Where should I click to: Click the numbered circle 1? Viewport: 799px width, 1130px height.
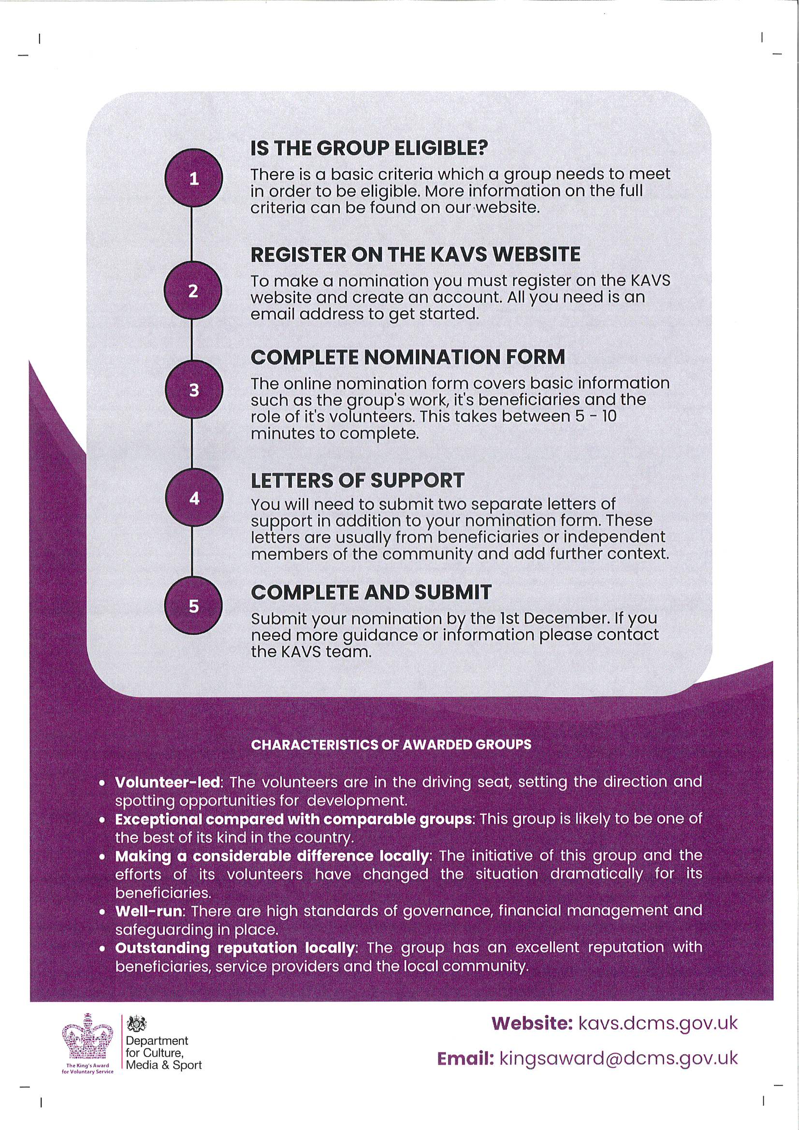coord(193,178)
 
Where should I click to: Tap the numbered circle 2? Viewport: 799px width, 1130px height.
coord(193,291)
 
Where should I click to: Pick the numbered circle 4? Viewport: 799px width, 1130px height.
coord(193,498)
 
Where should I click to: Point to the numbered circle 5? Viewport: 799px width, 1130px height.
coord(193,606)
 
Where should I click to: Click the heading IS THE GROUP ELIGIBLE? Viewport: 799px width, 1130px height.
coord(369,148)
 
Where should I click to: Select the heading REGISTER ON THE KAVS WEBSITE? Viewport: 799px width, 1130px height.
coord(416,254)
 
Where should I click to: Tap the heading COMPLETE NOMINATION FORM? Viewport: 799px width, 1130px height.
coord(407,357)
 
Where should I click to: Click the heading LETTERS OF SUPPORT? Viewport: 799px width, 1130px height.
coord(357,480)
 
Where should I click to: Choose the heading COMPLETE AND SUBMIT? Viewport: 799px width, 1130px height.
coord(371,592)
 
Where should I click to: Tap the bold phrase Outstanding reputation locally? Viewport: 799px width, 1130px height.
coord(235,947)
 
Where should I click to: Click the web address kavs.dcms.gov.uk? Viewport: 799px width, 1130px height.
coord(658,1023)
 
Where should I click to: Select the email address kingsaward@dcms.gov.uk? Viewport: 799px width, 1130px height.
coord(618,1058)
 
